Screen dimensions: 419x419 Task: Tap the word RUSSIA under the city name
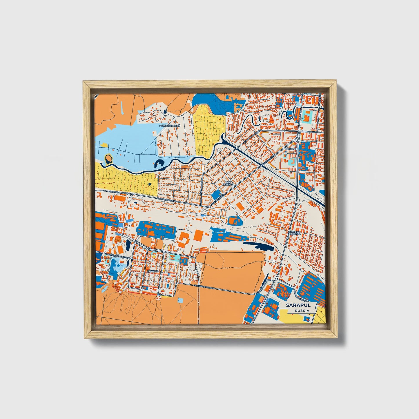point(302,311)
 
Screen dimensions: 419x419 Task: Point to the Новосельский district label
point(170,126)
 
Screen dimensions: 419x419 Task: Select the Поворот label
point(291,148)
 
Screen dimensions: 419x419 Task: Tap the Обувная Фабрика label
point(294,234)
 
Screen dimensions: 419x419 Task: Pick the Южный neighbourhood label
point(153,271)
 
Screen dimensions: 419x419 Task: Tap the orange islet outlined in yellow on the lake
point(108,159)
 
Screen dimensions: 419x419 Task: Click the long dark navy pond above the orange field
point(258,246)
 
